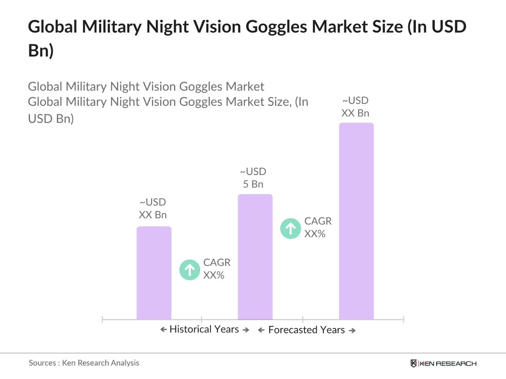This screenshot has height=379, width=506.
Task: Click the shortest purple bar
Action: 154,273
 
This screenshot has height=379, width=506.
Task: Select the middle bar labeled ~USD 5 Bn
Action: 255,257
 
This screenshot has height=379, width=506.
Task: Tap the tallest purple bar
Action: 356,221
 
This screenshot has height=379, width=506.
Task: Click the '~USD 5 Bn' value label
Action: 253,178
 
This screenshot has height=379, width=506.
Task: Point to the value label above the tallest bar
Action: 355,107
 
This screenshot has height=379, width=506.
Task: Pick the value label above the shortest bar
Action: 153,209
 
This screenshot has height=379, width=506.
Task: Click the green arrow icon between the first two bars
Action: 190,270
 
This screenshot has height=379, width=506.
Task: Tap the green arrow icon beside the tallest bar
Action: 290,228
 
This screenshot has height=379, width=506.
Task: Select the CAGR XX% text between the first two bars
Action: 216,269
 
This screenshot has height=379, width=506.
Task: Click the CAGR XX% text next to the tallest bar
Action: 318,227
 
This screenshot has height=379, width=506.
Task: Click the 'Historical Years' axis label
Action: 204,329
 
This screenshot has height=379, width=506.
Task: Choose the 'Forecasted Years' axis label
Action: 307,330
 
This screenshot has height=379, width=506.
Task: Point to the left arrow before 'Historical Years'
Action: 164,330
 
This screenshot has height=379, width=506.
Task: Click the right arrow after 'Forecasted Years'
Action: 352,331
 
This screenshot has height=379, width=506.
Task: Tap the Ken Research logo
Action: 443,363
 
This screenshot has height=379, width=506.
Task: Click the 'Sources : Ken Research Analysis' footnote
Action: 84,363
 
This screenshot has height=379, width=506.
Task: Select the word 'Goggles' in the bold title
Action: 276,27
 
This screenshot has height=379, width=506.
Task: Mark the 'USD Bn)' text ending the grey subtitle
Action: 51,119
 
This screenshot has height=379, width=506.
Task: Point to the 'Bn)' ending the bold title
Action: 41,51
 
